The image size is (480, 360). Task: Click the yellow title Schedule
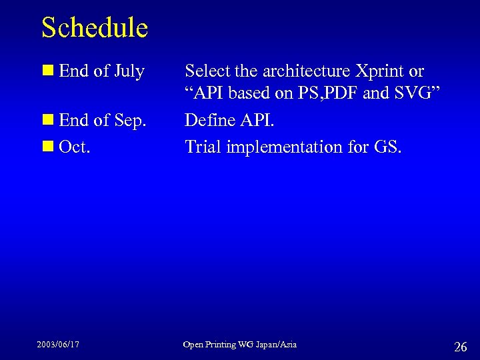click(94, 28)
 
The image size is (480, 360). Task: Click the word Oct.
click(75, 147)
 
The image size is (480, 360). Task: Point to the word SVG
click(413, 94)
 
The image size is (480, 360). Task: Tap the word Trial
click(203, 147)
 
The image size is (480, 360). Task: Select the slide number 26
click(460, 346)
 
